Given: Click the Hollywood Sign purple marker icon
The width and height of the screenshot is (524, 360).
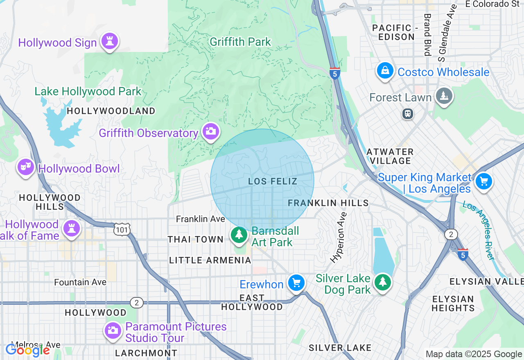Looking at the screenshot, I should (x=109, y=41).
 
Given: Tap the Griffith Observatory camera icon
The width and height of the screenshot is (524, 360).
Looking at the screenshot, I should (x=211, y=131).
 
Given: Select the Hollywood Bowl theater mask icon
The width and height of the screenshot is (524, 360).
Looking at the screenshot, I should (x=25, y=167).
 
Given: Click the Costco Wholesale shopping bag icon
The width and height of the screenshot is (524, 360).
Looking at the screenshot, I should (x=385, y=71).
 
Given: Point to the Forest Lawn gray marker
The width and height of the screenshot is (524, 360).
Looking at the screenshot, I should (x=444, y=96).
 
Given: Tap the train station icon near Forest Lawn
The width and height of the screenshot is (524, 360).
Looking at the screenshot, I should (x=408, y=114).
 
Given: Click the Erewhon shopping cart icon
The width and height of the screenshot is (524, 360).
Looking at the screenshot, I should (x=296, y=283).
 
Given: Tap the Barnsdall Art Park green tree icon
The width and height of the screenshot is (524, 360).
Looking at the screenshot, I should (x=239, y=235).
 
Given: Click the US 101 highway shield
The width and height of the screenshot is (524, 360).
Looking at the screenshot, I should (x=122, y=230).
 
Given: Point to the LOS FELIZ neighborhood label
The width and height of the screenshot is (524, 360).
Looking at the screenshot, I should (x=273, y=181).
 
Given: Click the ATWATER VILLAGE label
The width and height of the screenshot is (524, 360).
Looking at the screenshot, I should (x=390, y=156).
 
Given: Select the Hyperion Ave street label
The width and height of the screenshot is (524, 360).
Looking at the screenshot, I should (x=339, y=237).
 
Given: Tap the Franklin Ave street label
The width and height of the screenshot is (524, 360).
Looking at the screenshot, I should (x=201, y=219).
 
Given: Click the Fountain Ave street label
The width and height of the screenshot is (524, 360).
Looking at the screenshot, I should (x=80, y=282).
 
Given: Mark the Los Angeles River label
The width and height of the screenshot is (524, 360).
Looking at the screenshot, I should (x=479, y=230).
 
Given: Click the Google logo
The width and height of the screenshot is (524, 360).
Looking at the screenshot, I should (x=27, y=350).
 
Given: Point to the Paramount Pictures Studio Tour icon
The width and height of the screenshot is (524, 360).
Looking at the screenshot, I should (x=113, y=330).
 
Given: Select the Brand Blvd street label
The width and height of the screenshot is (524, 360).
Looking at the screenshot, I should (x=427, y=34).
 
